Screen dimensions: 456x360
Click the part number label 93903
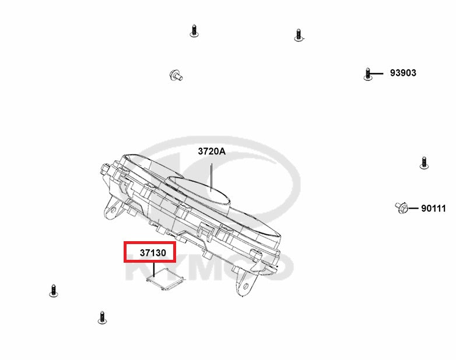tap(403, 73)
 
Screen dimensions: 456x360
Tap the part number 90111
tap(433, 209)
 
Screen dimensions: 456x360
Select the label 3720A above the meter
tap(212, 151)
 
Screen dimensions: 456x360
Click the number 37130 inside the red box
tap(153, 253)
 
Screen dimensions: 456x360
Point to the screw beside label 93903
tap(367, 74)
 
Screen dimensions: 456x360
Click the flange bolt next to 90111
tap(402, 207)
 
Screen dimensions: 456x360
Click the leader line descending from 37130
tap(154, 269)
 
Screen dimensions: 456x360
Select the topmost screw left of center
tap(194, 31)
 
